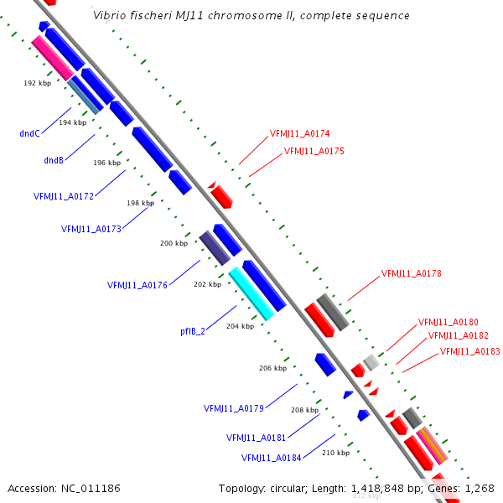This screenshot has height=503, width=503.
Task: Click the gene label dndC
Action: click(x=30, y=132)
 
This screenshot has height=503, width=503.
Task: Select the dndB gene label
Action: click(x=54, y=160)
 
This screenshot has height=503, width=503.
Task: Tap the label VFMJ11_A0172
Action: click(x=64, y=196)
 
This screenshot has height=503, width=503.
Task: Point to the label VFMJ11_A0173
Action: click(x=91, y=229)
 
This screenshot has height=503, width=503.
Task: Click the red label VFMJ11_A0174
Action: click(x=299, y=133)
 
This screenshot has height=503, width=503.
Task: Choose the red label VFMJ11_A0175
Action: click(x=314, y=152)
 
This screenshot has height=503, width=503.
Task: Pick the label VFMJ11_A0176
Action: click(x=137, y=285)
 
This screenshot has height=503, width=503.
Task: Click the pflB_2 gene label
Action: click(x=193, y=331)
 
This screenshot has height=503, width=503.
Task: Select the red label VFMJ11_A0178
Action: click(x=411, y=273)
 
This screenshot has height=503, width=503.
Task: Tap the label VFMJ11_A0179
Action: click(x=234, y=409)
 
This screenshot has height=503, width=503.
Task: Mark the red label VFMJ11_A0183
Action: click(x=469, y=351)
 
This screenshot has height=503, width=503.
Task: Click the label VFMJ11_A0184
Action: click(x=272, y=458)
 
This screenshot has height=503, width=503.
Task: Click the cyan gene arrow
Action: click(x=251, y=293)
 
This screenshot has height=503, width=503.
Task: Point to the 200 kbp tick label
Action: click(x=174, y=243)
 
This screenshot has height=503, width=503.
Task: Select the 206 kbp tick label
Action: click(x=272, y=368)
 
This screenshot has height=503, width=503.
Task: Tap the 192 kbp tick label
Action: click(x=37, y=84)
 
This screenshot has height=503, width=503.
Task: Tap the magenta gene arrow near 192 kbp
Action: click(x=52, y=58)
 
